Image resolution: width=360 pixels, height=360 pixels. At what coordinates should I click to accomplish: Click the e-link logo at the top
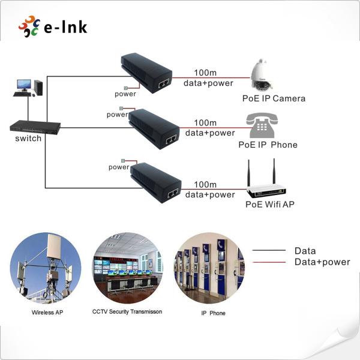[53, 26]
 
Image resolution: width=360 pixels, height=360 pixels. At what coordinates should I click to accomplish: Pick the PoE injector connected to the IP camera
[146, 73]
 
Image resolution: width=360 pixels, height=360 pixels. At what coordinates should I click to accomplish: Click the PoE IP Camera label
[274, 98]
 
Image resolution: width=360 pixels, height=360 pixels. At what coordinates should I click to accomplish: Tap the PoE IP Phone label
[268, 145]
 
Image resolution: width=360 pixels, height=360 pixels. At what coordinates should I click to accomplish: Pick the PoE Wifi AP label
[270, 205]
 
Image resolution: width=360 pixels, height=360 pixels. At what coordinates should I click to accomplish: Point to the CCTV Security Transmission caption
[127, 311]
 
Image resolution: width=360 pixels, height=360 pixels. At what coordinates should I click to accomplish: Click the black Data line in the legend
[268, 251]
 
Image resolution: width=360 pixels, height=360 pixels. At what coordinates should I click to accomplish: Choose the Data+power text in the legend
[322, 262]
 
